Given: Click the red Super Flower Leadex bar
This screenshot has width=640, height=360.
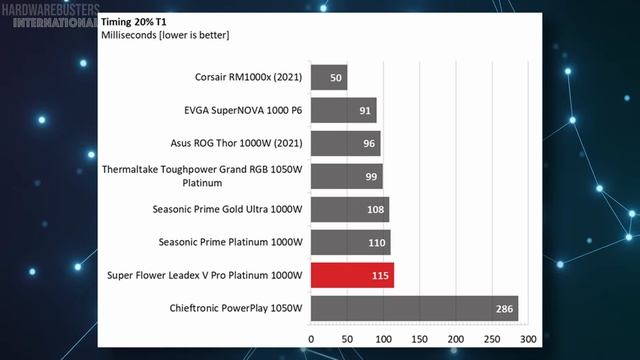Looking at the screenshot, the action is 352,275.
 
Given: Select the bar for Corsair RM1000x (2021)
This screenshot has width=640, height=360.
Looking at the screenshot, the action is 329,77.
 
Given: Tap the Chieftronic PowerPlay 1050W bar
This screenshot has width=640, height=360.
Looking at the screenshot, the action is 415,308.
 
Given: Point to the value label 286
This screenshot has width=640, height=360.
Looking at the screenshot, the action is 504,309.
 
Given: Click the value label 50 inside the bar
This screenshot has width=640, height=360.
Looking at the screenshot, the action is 336,78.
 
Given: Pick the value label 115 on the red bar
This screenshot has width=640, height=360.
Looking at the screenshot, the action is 380,276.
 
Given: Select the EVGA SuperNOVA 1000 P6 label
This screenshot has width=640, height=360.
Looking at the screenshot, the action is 243,110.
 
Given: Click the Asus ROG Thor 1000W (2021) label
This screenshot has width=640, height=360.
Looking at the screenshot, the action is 236,143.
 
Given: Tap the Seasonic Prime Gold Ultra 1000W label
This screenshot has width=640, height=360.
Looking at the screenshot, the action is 227,209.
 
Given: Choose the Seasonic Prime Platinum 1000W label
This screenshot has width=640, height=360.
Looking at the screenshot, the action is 231,242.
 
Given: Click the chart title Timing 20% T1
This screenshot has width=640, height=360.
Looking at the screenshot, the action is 134,22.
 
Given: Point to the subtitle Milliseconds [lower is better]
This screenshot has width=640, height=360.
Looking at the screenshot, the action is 165,35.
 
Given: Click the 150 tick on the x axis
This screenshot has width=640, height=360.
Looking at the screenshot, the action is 420,339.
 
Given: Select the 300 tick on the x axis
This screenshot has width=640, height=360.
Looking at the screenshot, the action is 528,339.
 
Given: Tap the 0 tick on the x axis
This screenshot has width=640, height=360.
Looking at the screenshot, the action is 311,339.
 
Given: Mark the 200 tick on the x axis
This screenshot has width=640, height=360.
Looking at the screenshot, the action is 456,339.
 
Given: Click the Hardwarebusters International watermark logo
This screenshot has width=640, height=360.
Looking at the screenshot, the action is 51,16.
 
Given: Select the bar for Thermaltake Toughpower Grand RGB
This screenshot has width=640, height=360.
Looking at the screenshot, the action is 347,176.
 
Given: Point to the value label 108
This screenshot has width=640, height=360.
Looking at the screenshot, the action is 376,209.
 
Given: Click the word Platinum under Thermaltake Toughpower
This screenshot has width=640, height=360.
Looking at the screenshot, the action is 202,183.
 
